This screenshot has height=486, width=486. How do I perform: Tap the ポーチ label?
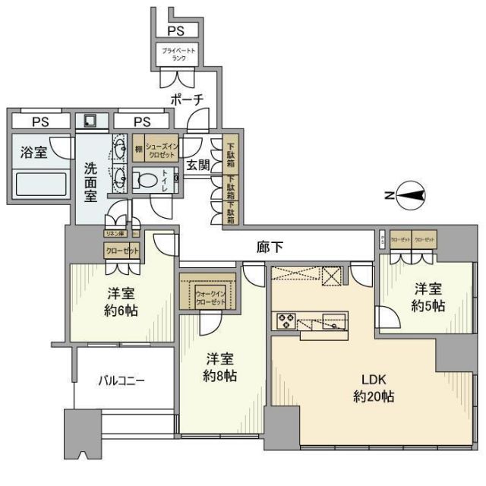pyautogui.click(x=187, y=99)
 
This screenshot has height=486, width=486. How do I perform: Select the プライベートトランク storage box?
pyautogui.click(x=179, y=53)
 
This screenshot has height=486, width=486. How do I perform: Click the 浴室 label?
pyautogui.click(x=33, y=153)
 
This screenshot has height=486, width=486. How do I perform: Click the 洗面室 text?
pyautogui.click(x=90, y=181)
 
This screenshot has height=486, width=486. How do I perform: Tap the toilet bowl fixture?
pyautogui.click(x=144, y=180)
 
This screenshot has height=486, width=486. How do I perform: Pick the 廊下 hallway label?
pyautogui.click(x=272, y=246)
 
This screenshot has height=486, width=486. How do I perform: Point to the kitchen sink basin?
pyautogui.click(x=331, y=322)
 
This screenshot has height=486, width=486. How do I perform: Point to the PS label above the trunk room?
pyautogui.click(x=176, y=31)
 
